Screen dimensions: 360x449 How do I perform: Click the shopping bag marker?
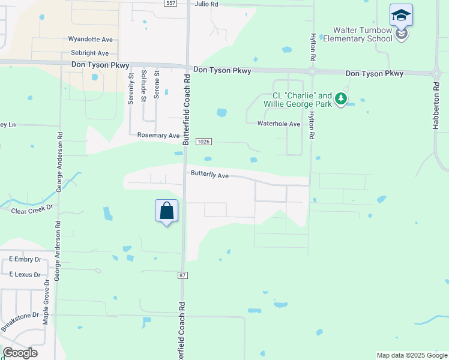pyautogui.click(x=167, y=211)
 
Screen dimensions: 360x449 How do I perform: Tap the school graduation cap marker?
pyautogui.click(x=400, y=16)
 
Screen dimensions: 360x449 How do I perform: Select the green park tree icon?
pyautogui.click(x=341, y=98)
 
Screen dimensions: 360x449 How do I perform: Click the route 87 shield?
pyautogui.click(x=182, y=275)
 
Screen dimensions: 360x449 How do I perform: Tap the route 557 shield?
pyautogui.click(x=171, y=3)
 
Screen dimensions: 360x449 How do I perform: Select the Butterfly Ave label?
pyautogui.click(x=210, y=175)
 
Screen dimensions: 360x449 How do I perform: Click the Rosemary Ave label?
pyautogui.click(x=158, y=136)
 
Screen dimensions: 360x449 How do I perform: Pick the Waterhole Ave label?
pyautogui.click(x=279, y=124)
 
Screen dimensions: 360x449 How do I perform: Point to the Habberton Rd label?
pyautogui.click(x=436, y=106)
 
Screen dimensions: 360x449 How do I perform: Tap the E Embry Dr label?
pyautogui.click(x=25, y=260)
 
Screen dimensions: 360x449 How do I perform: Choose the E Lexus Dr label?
pyautogui.click(x=25, y=274)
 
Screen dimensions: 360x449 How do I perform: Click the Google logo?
pyautogui.click(x=20, y=353)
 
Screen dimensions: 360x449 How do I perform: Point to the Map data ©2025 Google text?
pyautogui.click(x=411, y=355)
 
